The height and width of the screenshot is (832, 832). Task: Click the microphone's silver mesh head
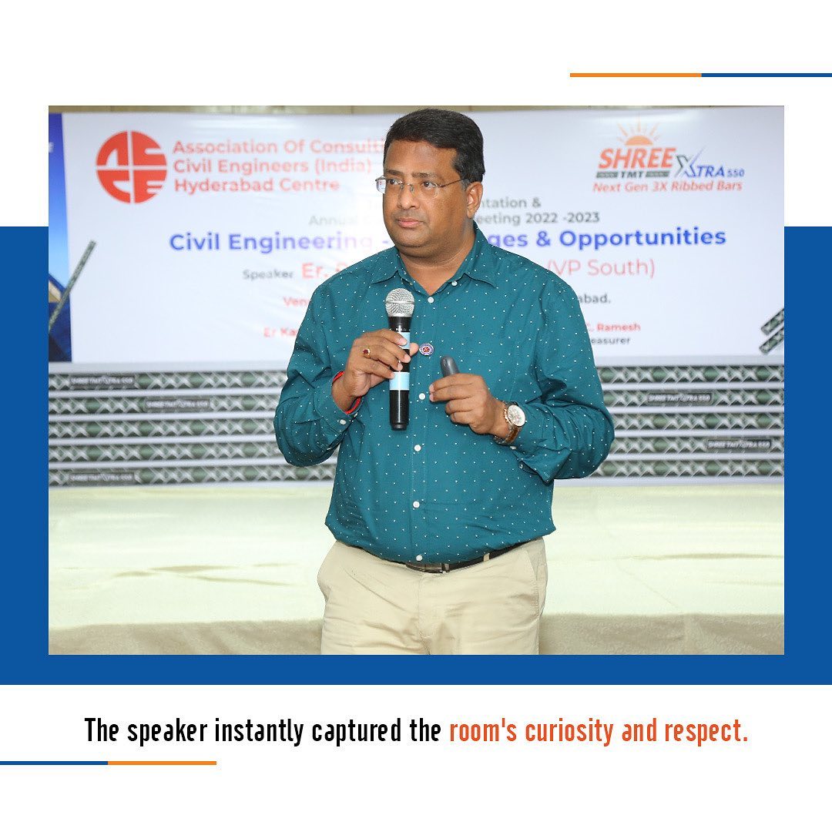point(400,303)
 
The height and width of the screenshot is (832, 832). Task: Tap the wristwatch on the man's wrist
point(514,417)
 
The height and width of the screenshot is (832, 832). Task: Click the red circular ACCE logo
point(131,167)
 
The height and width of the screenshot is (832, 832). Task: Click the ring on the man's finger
point(367,352)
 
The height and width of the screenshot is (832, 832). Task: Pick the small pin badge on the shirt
point(426,349)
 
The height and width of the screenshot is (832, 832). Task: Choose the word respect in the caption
point(707,730)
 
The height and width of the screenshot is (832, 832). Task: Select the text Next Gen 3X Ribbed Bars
point(667,186)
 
